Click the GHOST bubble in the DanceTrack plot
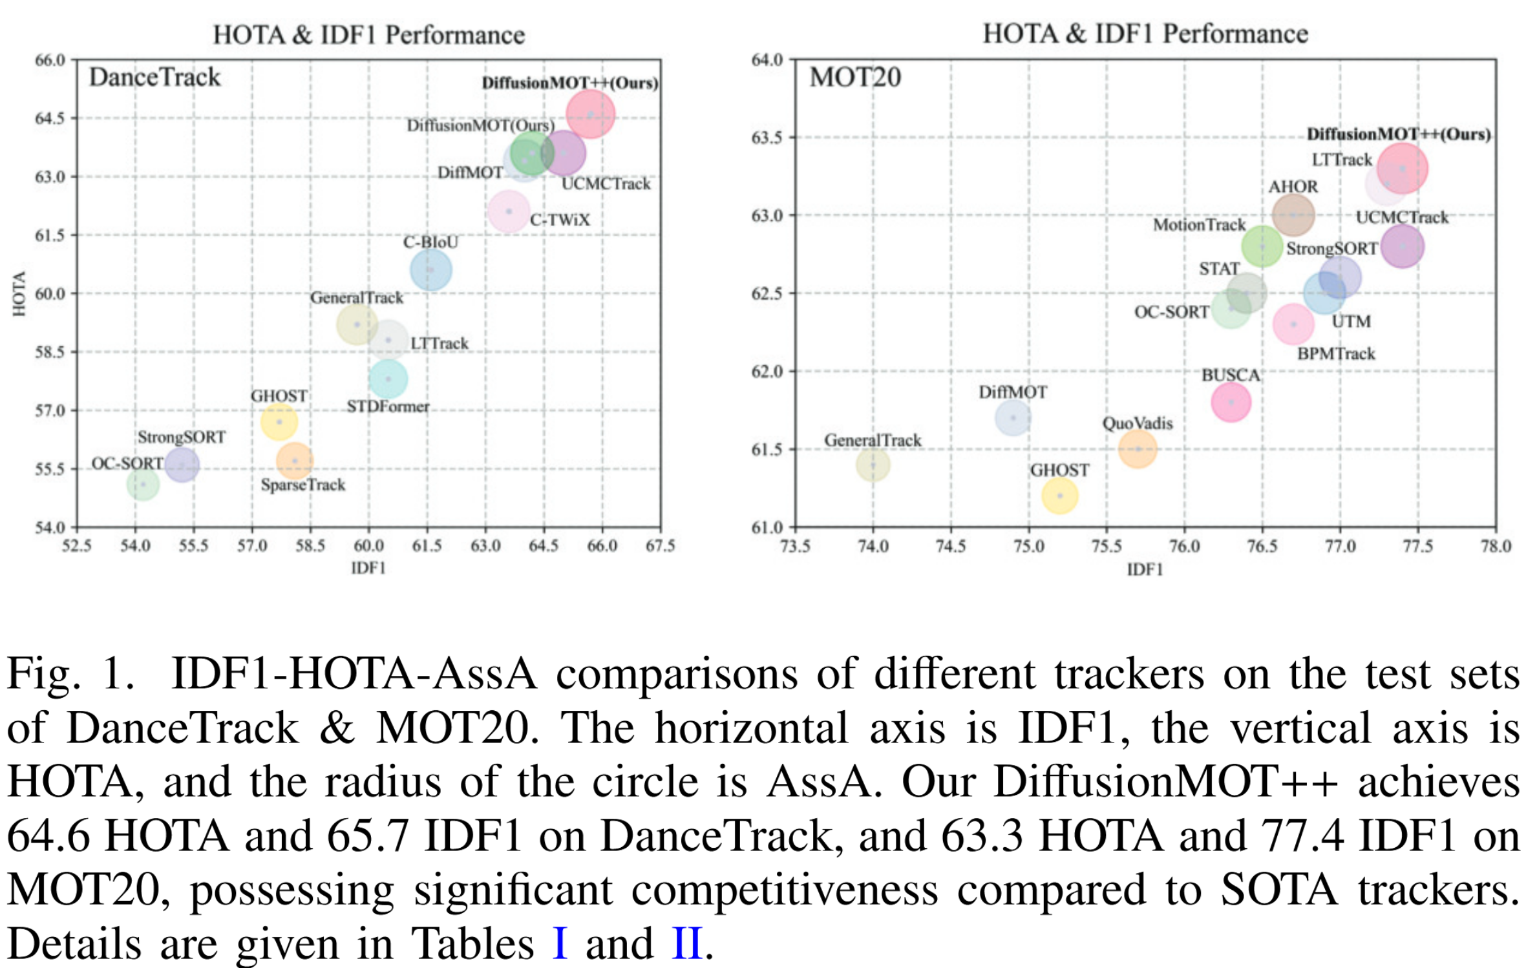279,422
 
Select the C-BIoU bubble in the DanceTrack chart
430,270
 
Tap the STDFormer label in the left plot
388,406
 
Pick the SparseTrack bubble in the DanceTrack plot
295,461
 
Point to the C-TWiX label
560,220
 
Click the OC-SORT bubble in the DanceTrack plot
143,483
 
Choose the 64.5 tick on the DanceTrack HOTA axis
50,118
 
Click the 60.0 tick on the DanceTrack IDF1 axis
368,546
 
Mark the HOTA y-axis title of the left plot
19,293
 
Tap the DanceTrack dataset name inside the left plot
154,78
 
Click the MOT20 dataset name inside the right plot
854,78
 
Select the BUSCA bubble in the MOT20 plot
1231,402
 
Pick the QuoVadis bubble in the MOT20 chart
1138,448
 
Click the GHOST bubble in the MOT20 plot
1059,496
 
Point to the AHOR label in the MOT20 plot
1293,187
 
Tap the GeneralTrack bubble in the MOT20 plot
873,464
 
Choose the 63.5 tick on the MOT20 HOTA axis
767,138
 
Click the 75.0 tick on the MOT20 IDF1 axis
1028,547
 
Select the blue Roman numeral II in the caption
686,943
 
